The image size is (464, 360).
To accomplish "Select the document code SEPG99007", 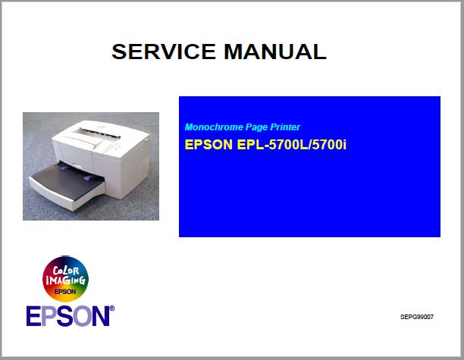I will (417, 316).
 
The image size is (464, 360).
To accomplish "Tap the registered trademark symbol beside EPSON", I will (112, 308).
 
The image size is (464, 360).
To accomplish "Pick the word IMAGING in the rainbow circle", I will (63, 280).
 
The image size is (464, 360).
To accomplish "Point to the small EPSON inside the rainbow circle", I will (65, 291).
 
